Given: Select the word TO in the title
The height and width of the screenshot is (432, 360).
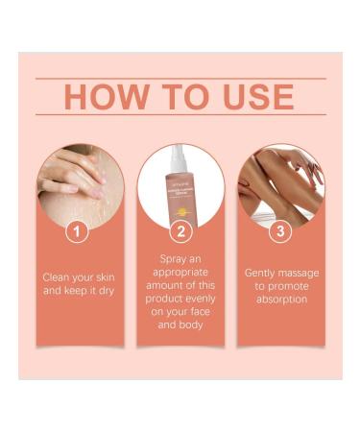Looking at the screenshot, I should click(x=179, y=96).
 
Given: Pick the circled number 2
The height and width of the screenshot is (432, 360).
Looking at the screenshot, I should click(x=180, y=230).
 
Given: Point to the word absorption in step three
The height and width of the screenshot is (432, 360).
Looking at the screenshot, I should click(x=281, y=300).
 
